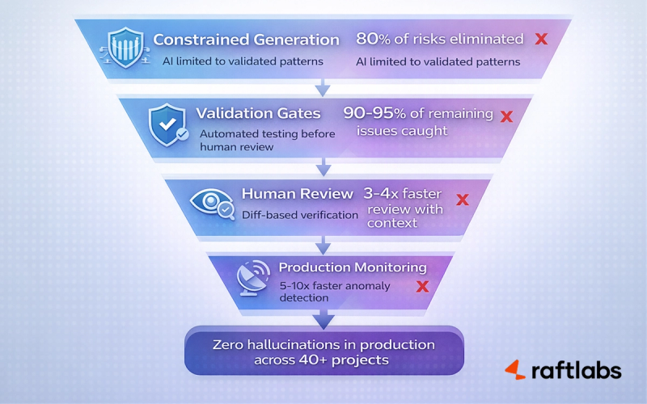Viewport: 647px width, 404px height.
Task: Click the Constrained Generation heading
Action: click(246, 40)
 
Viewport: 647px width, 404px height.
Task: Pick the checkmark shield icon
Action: click(167, 124)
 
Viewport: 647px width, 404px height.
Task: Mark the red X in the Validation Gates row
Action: click(506, 116)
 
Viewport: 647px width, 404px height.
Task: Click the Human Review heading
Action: click(297, 194)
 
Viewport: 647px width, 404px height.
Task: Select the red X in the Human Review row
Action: click(463, 199)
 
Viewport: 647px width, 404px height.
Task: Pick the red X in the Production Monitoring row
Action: click(421, 286)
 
